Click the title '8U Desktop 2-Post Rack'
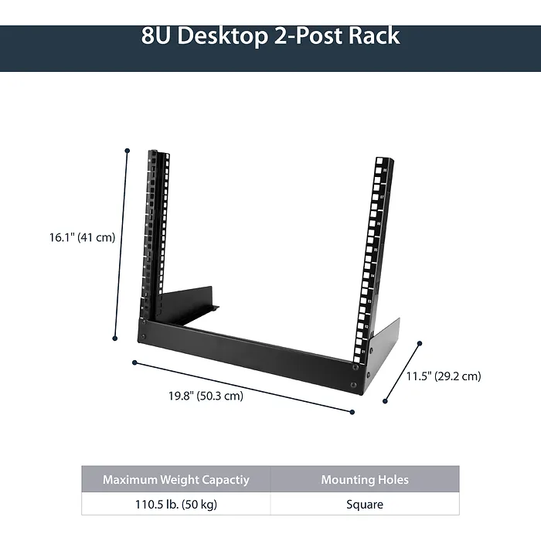coord(270,36)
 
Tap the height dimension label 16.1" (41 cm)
coord(82,237)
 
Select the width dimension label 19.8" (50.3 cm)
coord(206,396)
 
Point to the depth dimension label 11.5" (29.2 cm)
coord(444,376)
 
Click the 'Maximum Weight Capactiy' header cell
coord(176,479)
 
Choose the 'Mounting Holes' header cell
coord(365,479)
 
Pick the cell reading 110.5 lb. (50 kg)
coord(176,504)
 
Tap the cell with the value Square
coord(365,504)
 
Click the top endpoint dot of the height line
coord(128,151)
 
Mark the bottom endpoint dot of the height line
coord(115,339)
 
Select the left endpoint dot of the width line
coord(134,362)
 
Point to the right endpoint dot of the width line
coord(352,412)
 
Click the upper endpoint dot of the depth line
coord(420,343)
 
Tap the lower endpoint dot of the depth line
coord(385,401)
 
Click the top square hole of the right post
coord(380,161)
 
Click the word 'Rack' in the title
coord(374,36)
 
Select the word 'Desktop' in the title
coord(223,36)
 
